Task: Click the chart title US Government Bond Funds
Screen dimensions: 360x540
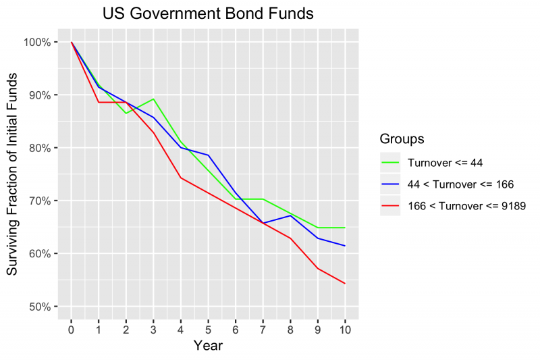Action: pyautogui.click(x=208, y=14)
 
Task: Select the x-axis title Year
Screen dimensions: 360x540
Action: pyautogui.click(x=208, y=346)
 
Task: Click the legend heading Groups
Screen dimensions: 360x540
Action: pyautogui.click(x=402, y=139)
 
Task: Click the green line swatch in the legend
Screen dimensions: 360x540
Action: pyautogui.click(x=390, y=162)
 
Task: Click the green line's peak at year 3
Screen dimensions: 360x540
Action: pyautogui.click(x=153, y=99)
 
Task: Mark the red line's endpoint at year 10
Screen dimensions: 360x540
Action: pyautogui.click(x=345, y=284)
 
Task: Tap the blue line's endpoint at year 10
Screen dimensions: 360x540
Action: pyautogui.click(x=345, y=246)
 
